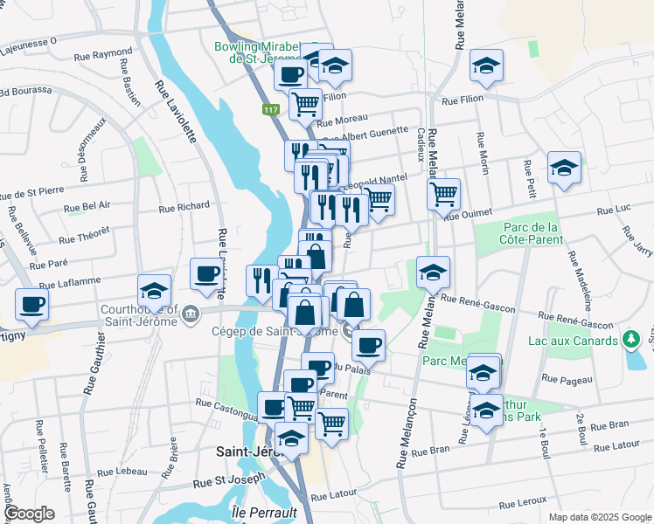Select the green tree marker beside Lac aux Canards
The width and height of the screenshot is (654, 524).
click(x=630, y=339)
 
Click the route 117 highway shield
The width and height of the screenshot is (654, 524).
click(x=270, y=110)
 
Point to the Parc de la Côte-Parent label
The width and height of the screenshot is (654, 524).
click(x=531, y=233)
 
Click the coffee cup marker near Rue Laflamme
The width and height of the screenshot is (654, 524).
click(x=206, y=274)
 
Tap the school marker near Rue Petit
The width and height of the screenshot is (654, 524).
click(x=564, y=168)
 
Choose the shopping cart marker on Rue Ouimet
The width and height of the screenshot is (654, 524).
click(x=444, y=195)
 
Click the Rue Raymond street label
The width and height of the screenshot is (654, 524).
click(x=102, y=53)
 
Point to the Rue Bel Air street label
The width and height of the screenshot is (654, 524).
click(x=88, y=206)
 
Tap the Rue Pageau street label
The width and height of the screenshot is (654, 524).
click(x=561, y=379)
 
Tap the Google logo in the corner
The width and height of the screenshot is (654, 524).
click(x=31, y=513)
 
